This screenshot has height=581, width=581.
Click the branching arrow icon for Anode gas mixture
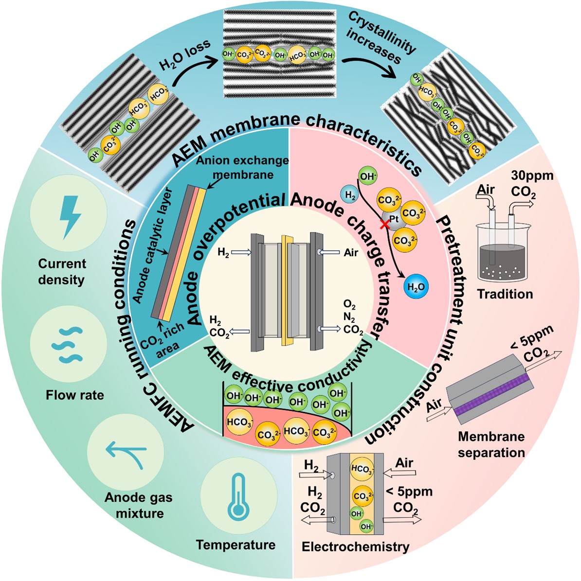coord(125,454)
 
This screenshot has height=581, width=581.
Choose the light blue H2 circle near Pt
coord(349,194)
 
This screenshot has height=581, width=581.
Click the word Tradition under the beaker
coord(505,294)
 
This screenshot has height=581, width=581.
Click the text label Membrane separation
coord(491,444)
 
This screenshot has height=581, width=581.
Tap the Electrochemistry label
coord(355,546)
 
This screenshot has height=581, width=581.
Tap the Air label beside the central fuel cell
coord(351,252)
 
